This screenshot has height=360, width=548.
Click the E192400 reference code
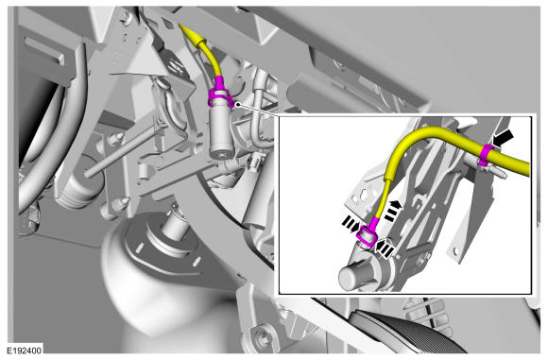[25, 351]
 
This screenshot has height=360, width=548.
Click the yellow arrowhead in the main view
[191, 35]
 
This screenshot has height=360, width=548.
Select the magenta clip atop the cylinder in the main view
[220, 96]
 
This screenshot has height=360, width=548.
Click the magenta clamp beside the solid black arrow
[487, 155]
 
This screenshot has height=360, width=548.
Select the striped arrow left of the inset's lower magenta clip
[351, 224]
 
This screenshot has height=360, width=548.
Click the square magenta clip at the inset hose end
[367, 236]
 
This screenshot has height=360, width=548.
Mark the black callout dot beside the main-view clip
[238, 104]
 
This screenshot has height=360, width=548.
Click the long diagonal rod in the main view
[121, 153]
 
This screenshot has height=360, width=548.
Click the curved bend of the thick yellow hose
[420, 135]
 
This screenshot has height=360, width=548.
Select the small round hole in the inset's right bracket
[455, 250]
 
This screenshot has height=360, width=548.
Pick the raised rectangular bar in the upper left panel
[44, 51]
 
